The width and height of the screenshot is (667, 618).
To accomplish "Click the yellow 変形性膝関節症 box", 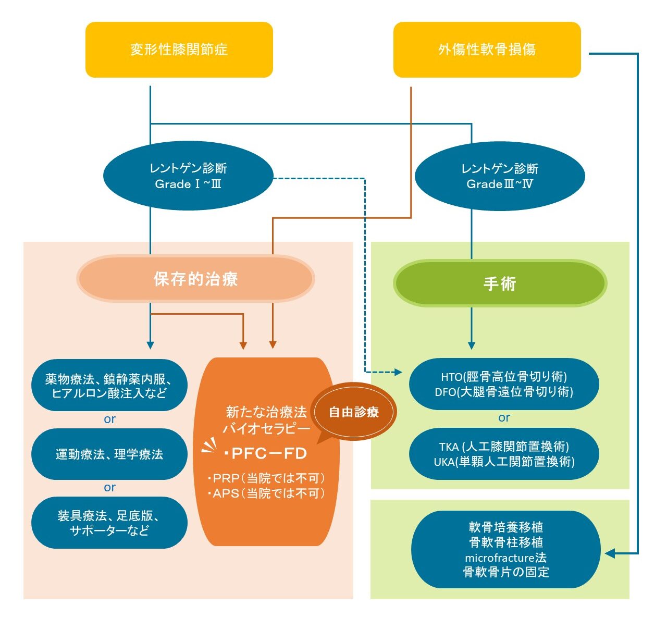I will (179, 50).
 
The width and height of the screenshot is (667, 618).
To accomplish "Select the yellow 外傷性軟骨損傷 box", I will (487, 50).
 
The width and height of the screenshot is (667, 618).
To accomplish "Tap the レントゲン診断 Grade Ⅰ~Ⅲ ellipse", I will (188, 176).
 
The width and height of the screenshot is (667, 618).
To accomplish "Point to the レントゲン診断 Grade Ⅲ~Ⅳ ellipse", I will (499, 176).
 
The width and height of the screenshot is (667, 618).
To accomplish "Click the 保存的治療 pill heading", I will (195, 279).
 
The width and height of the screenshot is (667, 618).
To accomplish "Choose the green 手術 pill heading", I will (500, 283).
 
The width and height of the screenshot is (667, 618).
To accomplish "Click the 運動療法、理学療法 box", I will (109, 454).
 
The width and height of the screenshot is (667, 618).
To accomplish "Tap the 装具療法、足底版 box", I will (109, 523).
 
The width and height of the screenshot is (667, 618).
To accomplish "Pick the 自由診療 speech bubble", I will (354, 412).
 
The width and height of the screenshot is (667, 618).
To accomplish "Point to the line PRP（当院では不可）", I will (266, 478).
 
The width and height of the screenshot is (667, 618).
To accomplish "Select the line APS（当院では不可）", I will (266, 493).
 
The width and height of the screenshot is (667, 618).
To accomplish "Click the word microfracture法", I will (505, 558).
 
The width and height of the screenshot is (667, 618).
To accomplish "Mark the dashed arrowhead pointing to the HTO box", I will (399, 372).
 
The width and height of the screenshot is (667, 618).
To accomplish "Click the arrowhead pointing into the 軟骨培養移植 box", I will (610, 553).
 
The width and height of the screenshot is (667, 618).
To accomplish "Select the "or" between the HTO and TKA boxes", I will (504, 418).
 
